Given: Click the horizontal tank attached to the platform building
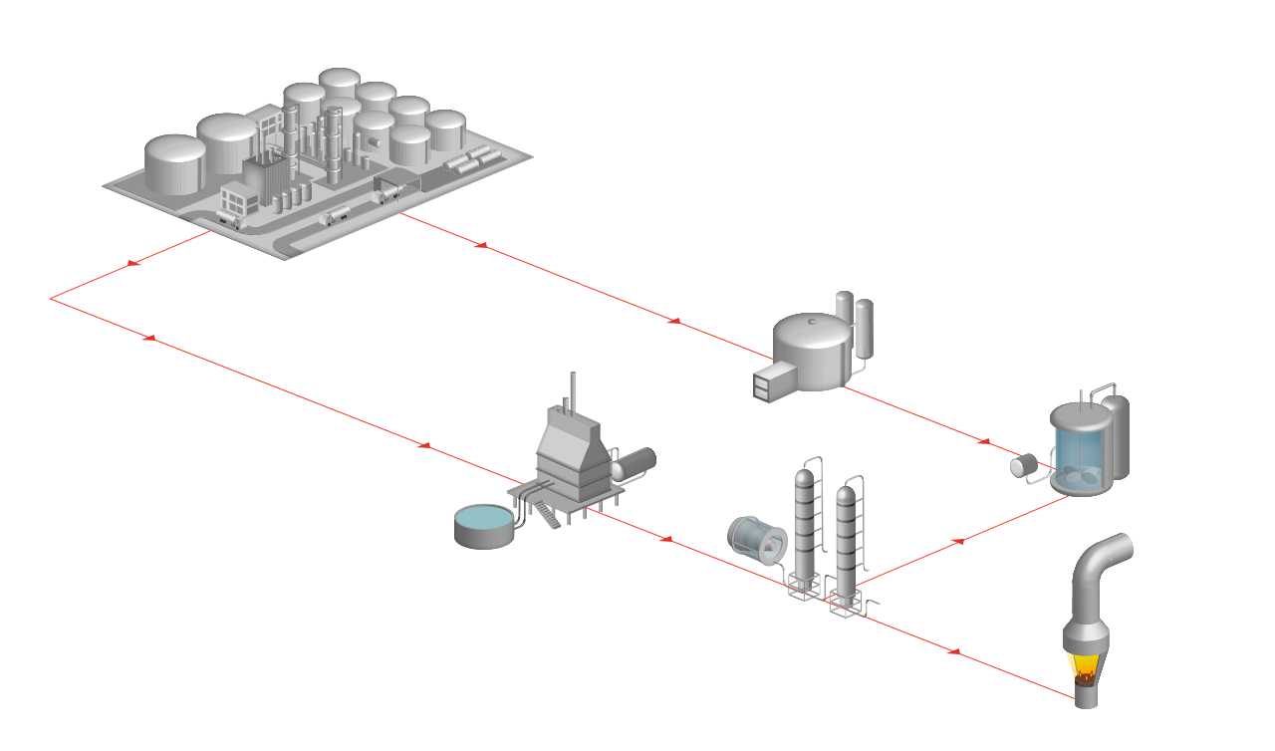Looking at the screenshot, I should pos(635,463).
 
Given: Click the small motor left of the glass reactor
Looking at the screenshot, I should pos(1023,465).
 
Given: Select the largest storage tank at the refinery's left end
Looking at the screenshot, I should pos(175,164).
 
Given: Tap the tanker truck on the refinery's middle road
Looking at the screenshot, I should pos(335,215).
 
